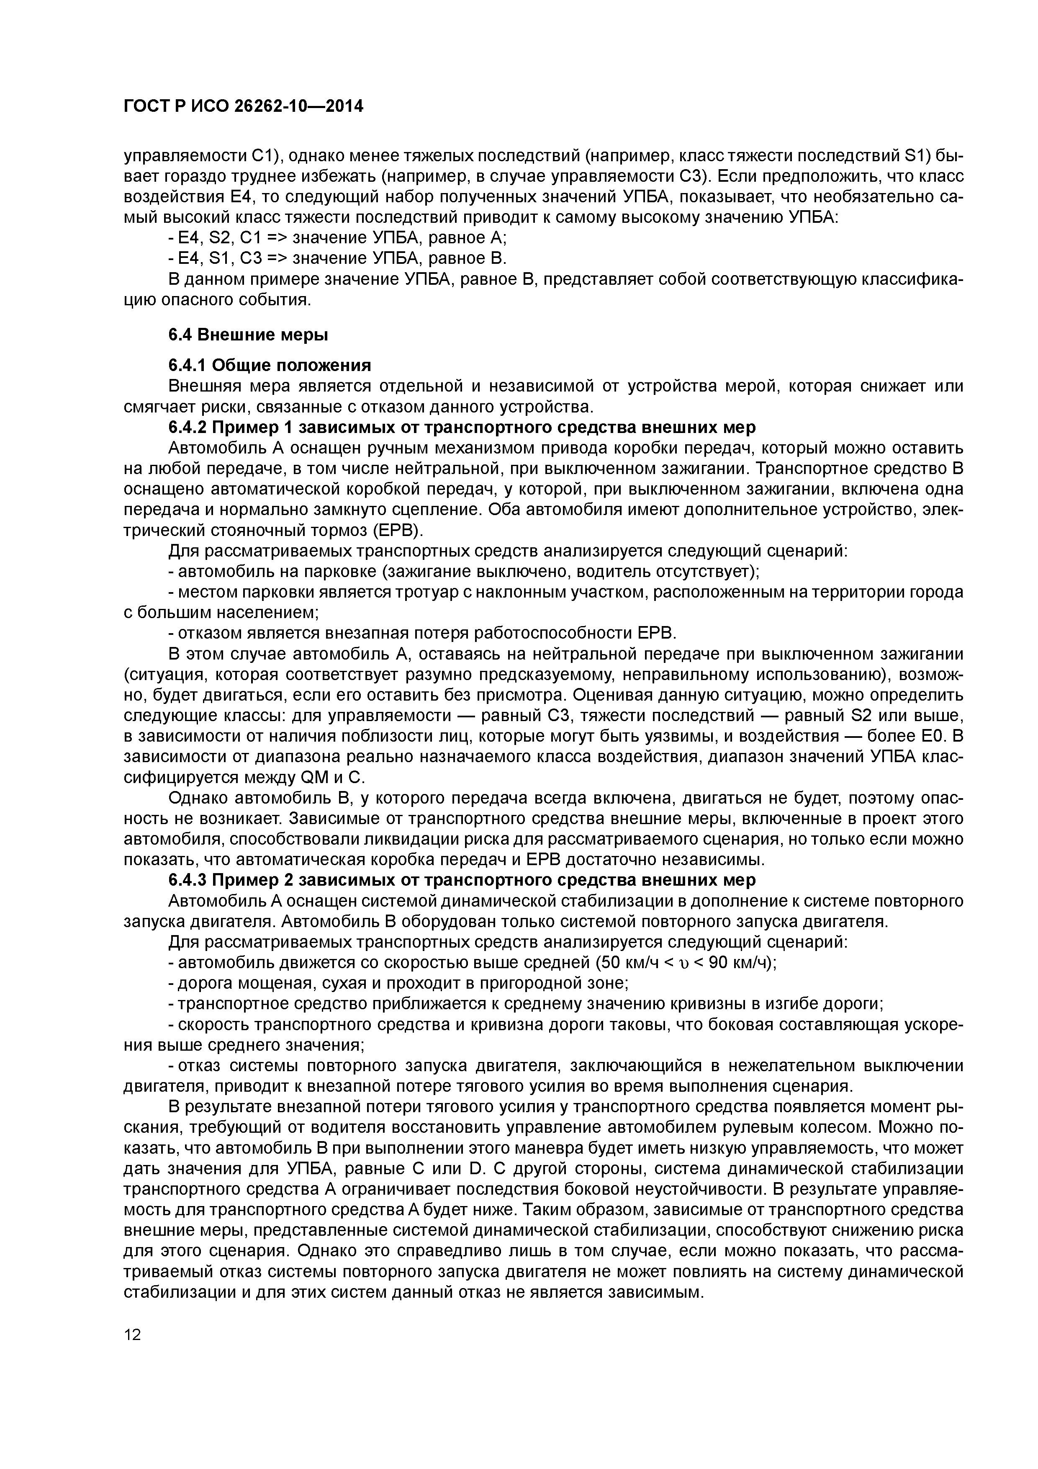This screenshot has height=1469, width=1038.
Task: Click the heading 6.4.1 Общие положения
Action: click(x=269, y=365)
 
